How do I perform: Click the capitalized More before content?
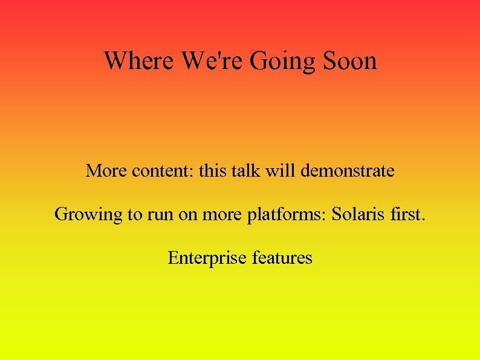[x=104, y=171]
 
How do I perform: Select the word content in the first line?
[x=159, y=171]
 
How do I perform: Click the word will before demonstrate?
[x=280, y=171]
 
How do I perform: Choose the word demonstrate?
[x=348, y=171]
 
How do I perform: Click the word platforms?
[x=287, y=215]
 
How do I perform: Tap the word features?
[x=282, y=258]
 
